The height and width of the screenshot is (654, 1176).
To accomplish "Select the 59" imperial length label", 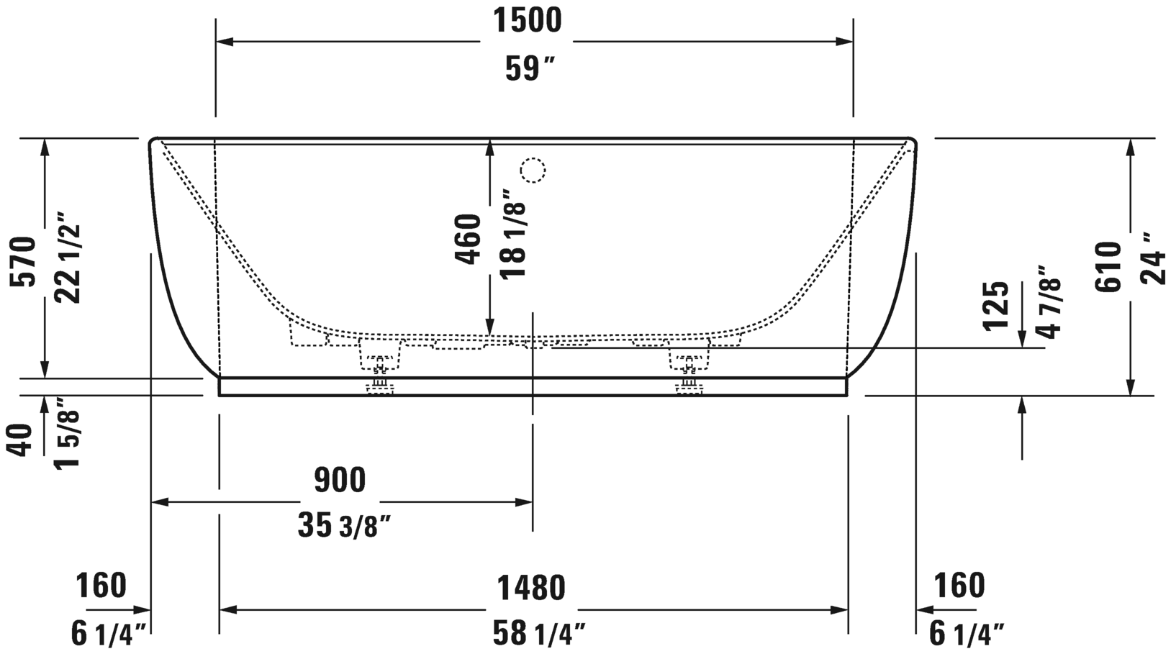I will click(530, 69).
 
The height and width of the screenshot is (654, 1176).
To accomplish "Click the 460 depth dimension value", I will click(468, 239).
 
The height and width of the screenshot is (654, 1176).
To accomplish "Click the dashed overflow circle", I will click(533, 171).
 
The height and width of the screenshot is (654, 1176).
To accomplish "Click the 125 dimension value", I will click(995, 306).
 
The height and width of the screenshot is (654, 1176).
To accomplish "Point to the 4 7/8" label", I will click(1049, 301).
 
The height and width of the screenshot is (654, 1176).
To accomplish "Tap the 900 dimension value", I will click(340, 480).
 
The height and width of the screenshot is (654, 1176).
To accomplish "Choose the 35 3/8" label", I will click(344, 526).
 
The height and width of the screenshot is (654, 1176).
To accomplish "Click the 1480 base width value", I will click(531, 588).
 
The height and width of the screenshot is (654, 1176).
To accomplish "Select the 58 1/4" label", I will click(538, 634).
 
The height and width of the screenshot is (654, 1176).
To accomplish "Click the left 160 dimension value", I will click(101, 585).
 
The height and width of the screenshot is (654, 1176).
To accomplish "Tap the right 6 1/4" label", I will click(966, 634).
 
